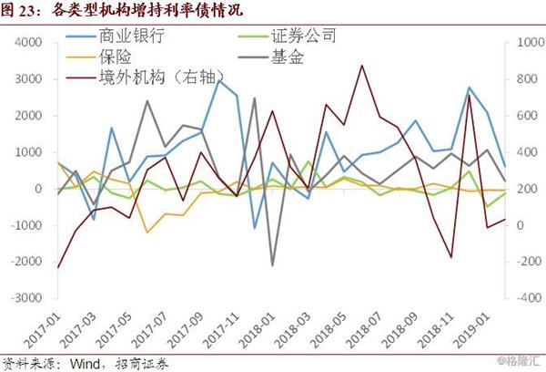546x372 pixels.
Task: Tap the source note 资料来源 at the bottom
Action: coord(86,363)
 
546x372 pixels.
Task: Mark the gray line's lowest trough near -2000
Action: coord(272,265)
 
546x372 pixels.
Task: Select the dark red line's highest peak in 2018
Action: coord(362,65)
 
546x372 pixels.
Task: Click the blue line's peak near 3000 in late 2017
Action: coord(219,80)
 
